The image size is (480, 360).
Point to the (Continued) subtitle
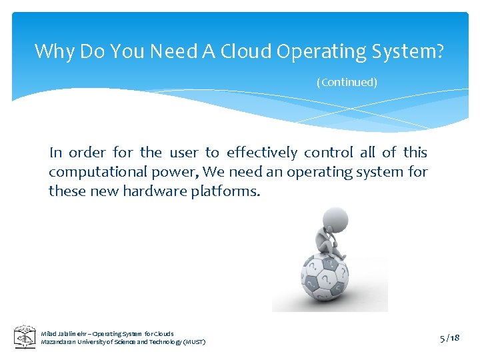point(347,82)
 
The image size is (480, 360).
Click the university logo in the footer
point(25,337)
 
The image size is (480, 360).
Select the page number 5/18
point(450,338)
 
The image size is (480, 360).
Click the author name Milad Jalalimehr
point(65,333)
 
